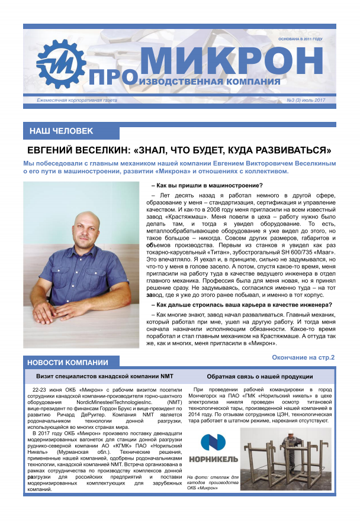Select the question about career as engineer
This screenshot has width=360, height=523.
click(x=242, y=305)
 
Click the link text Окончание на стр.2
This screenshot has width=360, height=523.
click(x=303, y=357)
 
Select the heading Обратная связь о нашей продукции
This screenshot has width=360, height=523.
click(x=260, y=376)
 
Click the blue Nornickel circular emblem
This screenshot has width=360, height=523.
click(x=213, y=444)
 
